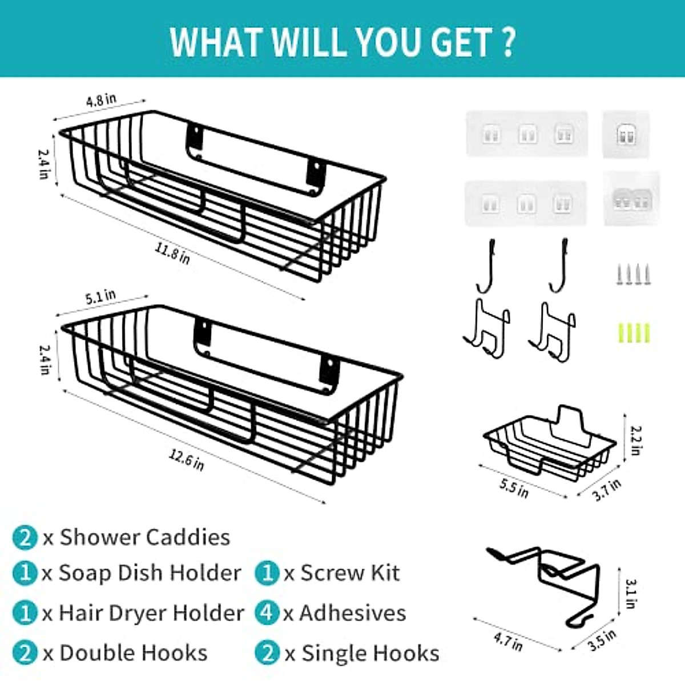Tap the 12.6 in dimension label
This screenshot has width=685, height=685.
186,460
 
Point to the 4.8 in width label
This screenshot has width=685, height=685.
101,100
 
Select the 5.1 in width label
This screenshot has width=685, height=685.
100,297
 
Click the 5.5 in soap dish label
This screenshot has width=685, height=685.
514,489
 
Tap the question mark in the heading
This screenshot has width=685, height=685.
508,42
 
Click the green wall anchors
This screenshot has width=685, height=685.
634,333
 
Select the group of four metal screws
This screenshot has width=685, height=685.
634,275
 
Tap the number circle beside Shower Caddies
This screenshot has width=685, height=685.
25,538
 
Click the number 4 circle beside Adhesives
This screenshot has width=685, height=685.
267,613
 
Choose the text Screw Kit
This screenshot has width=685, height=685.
350,573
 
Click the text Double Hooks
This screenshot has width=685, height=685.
133,653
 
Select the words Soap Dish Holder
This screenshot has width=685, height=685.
150,573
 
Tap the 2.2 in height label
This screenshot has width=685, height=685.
636,440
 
